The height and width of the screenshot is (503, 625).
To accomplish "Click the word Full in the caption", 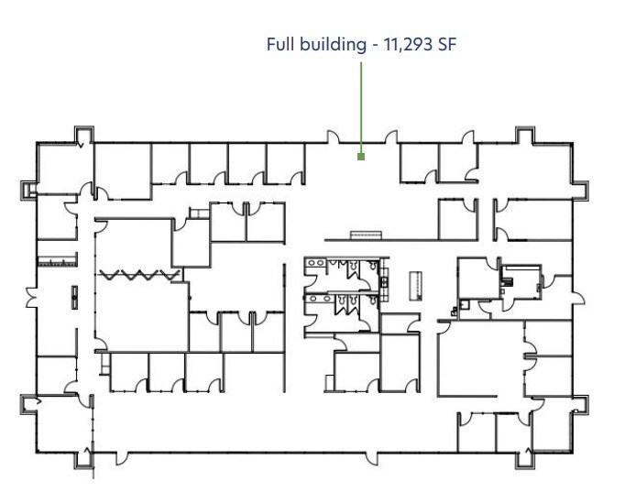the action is pos(280,44).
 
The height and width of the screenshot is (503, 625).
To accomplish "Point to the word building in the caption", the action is pos(333,45).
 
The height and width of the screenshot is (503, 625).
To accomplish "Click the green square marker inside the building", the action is pos(361,157).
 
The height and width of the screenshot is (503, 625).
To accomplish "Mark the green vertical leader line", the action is pos(361,107).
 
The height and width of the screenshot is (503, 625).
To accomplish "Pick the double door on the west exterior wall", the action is pos(32,298).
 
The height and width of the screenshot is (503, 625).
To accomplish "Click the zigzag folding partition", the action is pos(139,275).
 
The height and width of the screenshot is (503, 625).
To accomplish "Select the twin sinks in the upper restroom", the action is pos(315,263).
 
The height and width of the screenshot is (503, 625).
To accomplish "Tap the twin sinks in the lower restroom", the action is pos(319,299).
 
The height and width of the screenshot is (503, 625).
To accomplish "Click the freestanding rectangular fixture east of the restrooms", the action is pos(416,286).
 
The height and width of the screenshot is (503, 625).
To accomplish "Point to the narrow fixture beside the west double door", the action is pos(74,297).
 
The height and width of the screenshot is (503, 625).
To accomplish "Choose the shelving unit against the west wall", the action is pos(57,261).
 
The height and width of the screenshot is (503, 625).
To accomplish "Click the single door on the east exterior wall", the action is pos(579,299).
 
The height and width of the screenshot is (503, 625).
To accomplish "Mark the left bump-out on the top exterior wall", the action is pos(83,135).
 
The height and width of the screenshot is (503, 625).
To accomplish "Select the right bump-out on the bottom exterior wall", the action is pos(525,460).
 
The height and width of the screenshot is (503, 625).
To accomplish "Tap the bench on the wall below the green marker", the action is pos(366,235).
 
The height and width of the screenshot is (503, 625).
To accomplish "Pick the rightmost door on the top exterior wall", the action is pos(469,137).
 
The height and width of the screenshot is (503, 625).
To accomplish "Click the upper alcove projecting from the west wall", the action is pos(28,191).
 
